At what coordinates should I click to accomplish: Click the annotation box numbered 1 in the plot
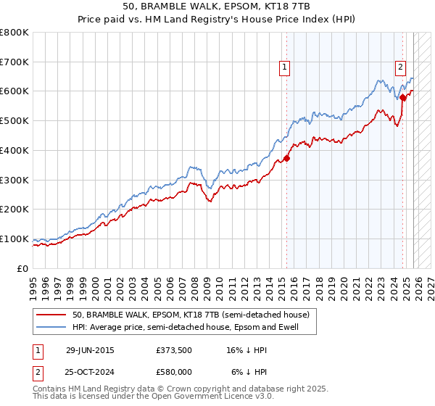[285, 67]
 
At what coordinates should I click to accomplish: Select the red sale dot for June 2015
[287, 157]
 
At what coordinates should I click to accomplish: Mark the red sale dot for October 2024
[403, 96]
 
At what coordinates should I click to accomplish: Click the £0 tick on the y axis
[23, 268]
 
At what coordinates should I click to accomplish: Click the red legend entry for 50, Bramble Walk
[191, 315]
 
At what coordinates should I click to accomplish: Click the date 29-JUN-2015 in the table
[90, 349]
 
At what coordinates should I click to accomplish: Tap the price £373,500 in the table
[173, 349]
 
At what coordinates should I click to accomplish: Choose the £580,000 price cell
[173, 371]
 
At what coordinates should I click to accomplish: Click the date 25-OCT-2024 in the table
[90, 371]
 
